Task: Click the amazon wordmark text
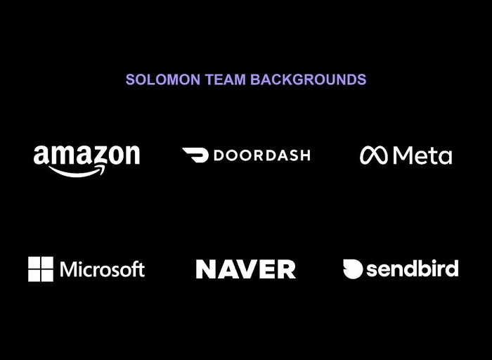pos(86,155)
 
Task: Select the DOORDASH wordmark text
pos(261,155)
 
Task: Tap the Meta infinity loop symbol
pos(374,155)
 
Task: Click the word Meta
pos(422,155)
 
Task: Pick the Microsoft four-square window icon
pos(41,269)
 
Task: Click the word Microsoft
pos(103,269)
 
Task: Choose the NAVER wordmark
pos(245,269)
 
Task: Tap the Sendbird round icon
pos(353,269)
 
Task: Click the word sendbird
pos(412,269)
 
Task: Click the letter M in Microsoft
pos(69,269)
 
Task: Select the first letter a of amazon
pos(41,155)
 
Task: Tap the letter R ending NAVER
pos(286,269)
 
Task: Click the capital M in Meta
pos(403,155)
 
